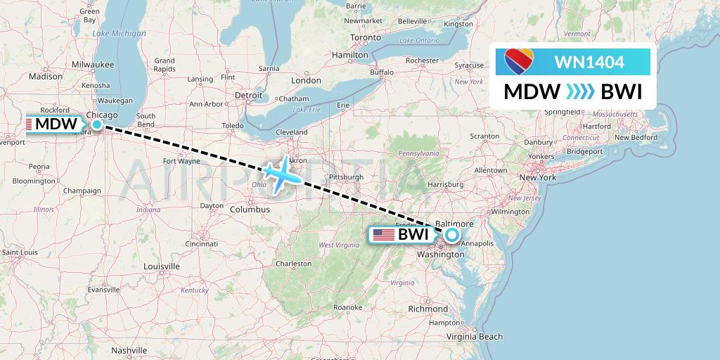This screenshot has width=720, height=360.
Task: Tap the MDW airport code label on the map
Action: pos(56,124)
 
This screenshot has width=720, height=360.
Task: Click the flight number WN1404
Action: pos(589,63)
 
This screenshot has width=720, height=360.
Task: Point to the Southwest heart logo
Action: pos(520,62)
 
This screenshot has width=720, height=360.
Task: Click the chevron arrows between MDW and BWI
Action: pos(580,92)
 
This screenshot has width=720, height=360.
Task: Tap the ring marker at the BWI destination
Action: pos(451,236)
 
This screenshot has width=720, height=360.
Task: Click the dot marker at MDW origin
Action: pos(97,125)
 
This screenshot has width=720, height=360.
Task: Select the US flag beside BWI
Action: pos(383,235)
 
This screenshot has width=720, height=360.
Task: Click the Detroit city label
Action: pos(247,95)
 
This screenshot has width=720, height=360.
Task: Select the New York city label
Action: pos(537,178)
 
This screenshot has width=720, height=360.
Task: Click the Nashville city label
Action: pos(129,349)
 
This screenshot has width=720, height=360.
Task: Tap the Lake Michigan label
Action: pos(119,34)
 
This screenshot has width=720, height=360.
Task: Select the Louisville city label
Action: pos(162,266)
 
